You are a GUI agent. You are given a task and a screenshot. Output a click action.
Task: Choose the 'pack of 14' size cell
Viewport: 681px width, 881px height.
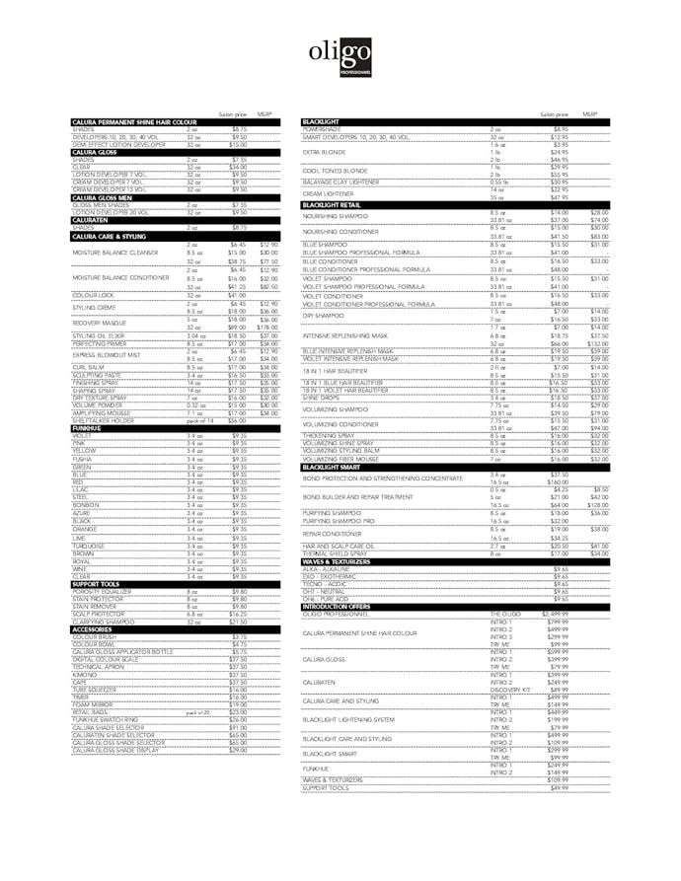click(199, 420)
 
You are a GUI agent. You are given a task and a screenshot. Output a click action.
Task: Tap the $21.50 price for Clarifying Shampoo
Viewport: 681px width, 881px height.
click(238, 623)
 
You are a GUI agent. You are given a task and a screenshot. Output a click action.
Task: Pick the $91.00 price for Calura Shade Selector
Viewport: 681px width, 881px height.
click(238, 727)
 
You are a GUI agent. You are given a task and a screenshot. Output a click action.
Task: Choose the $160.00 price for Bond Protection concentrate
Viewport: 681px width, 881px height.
click(560, 481)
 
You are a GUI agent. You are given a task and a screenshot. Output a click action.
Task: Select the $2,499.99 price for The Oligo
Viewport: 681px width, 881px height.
click(558, 614)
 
